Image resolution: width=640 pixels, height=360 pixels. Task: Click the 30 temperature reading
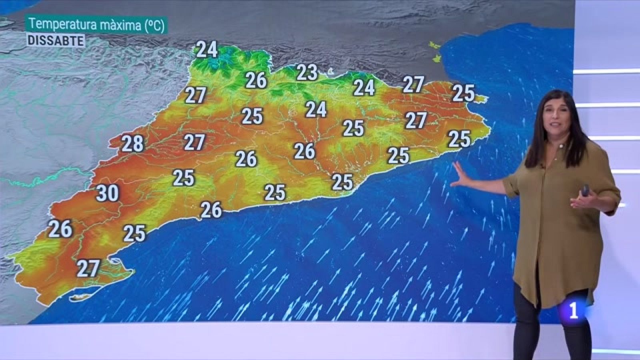click(x=108, y=193)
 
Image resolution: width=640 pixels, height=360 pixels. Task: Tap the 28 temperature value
click(x=132, y=144)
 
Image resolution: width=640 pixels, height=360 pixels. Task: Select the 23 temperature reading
click(x=307, y=73)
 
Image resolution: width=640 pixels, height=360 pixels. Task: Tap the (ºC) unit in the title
click(x=154, y=25)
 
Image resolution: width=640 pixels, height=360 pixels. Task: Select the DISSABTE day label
click(x=56, y=41)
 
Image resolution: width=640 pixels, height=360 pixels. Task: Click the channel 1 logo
click(x=573, y=311)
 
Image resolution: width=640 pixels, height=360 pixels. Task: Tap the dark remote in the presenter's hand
click(x=586, y=190)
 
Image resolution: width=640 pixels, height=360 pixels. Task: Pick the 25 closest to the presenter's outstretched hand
click(x=459, y=139)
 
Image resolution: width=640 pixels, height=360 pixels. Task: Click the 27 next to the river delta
click(x=88, y=268)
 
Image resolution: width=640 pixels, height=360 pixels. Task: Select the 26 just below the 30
click(x=60, y=229)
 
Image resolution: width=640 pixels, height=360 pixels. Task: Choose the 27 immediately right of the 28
click(x=194, y=142)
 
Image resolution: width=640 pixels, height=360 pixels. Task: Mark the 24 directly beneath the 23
click(x=316, y=109)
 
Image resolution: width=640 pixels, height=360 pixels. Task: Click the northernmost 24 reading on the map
click(x=207, y=50)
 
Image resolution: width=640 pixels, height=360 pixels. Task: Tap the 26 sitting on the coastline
click(x=211, y=210)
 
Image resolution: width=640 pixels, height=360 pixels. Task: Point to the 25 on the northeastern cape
click(x=463, y=93)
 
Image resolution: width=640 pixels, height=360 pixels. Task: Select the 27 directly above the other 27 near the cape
click(x=413, y=84)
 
